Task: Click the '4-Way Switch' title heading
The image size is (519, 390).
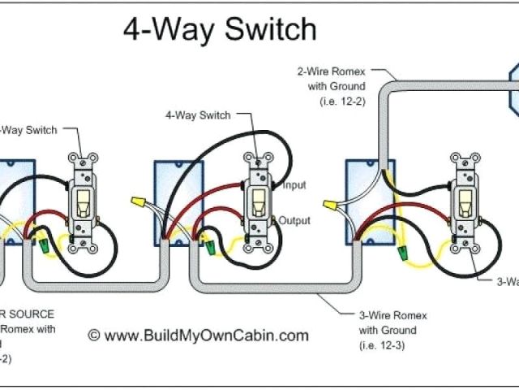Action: point(219,29)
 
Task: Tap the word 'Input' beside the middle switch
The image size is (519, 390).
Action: point(294,185)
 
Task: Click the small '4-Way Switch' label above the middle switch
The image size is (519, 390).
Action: point(198,115)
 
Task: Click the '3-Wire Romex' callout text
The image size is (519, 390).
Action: point(393,315)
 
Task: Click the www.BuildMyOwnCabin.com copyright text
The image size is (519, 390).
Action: point(198,335)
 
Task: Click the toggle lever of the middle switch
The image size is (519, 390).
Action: point(257,201)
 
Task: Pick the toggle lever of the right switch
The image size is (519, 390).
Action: point(465,202)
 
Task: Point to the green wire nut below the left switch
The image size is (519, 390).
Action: point(41,239)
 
